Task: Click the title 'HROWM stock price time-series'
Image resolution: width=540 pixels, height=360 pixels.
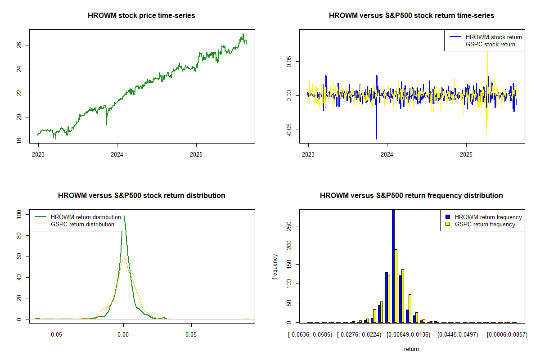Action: coord(142,16)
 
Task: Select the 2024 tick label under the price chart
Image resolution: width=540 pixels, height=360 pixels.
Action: coord(117,153)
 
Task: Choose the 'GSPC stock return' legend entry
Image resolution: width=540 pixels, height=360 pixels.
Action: coord(490,44)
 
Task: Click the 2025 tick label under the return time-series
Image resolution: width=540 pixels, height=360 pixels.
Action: coord(466,153)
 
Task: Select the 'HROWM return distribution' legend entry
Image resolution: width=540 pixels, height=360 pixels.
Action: coord(86,217)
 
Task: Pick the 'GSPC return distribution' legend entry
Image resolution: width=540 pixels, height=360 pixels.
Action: coord(82,224)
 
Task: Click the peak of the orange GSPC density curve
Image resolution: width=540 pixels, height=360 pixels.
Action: coord(124,258)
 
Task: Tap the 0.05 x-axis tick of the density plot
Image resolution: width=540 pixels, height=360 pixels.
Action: coord(191,335)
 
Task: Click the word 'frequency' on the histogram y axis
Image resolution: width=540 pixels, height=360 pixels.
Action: coord(275,267)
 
